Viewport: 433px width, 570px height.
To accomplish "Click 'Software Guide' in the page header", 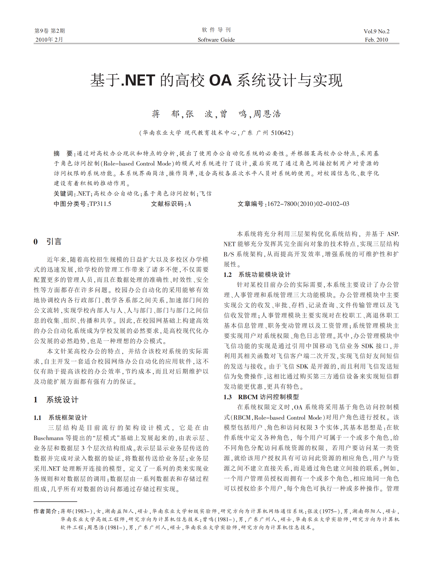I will pyautogui.click(x=216, y=40).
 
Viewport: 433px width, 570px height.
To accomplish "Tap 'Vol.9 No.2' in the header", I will pyautogui.click(x=376, y=31).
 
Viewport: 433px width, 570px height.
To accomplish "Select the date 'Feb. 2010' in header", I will pyautogui.click(x=376, y=40).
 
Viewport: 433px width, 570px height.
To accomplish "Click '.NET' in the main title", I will pyautogui.click(x=138, y=80).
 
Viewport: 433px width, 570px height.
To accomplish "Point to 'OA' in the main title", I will pyautogui.click(x=220, y=80).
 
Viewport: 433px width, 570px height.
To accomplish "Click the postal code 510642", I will pyautogui.click(x=280, y=133).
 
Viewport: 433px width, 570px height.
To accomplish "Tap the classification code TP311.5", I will pyautogui.click(x=100, y=204).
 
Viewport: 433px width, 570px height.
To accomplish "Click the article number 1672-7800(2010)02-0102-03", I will pyautogui.click(x=308, y=204).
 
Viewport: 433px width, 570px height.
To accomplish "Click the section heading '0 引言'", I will pyautogui.click(x=48, y=242).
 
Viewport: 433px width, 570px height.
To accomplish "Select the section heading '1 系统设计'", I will pyautogui.click(x=56, y=400).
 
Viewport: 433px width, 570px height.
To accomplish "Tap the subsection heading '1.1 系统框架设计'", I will pyautogui.click(x=60, y=418).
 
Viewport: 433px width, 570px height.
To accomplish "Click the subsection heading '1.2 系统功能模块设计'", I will pyautogui.click(x=257, y=275).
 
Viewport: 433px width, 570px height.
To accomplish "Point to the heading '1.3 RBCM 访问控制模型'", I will pyautogui.click(x=261, y=397).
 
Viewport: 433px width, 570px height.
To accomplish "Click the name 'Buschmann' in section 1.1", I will pyautogui.click(x=49, y=438).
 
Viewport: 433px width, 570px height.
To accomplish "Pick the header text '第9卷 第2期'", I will pyautogui.click(x=50, y=31).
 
